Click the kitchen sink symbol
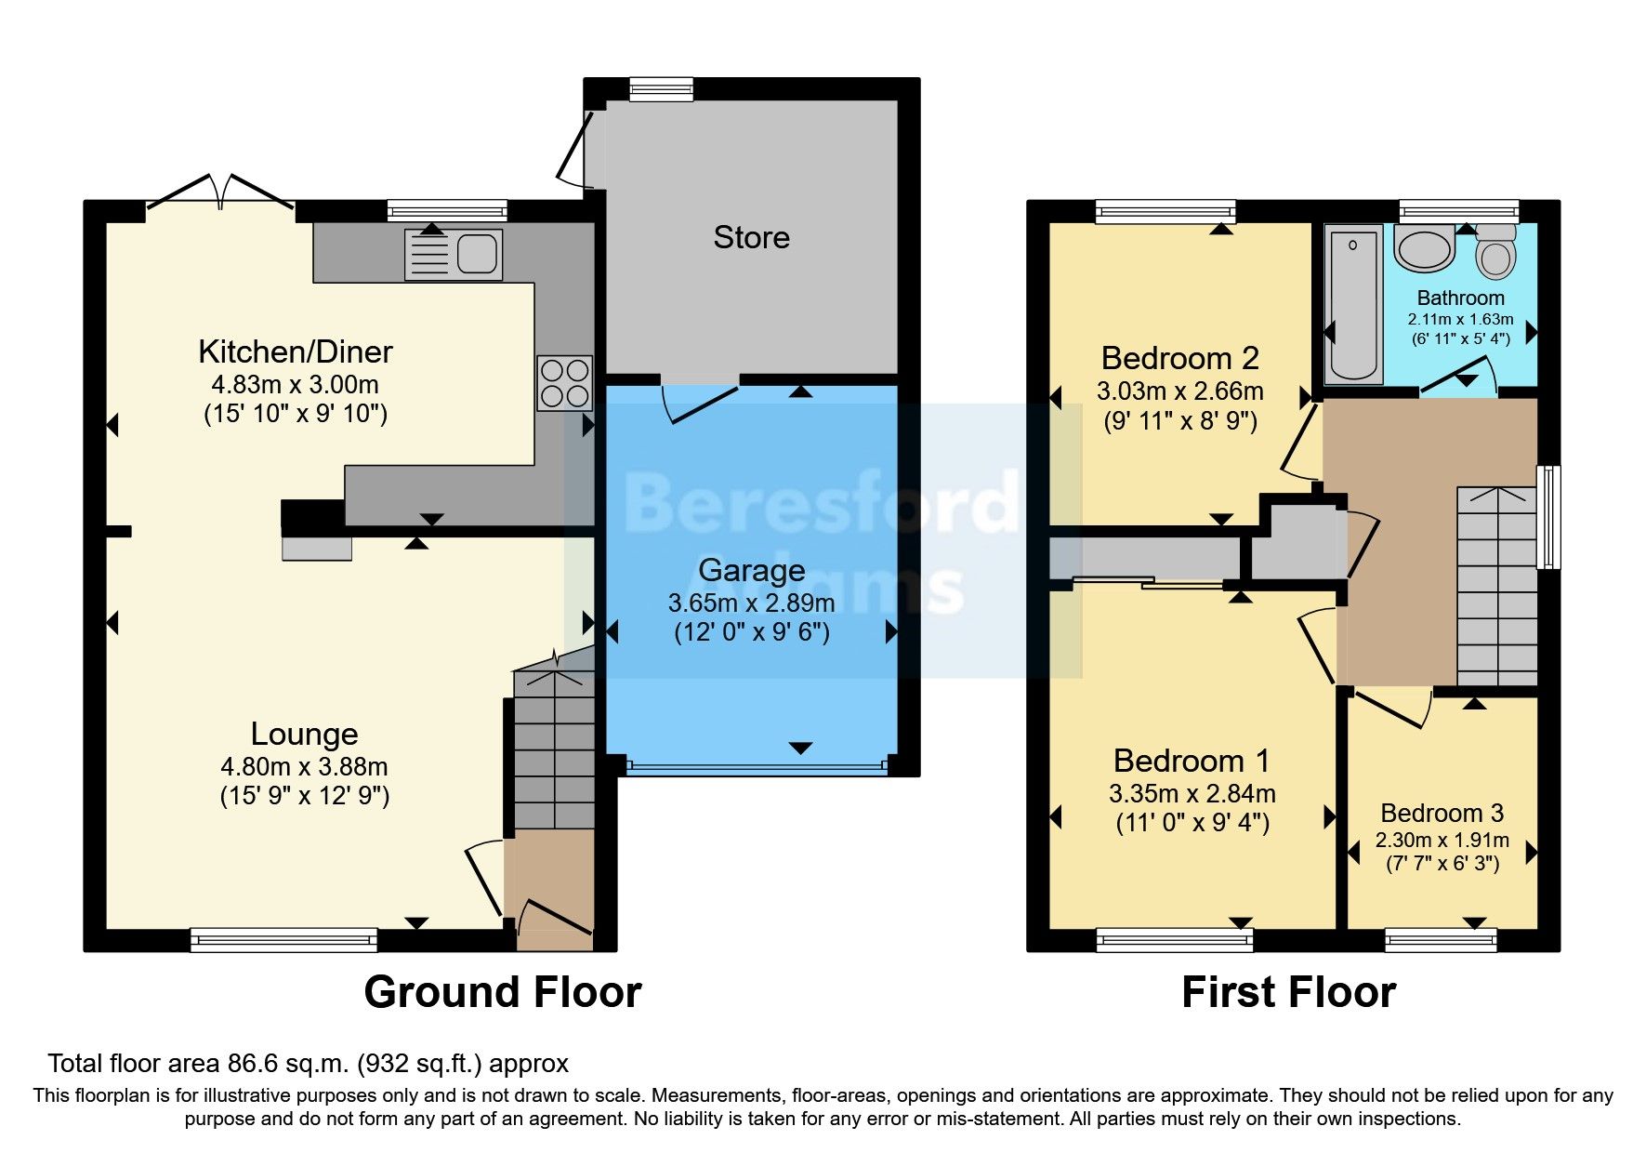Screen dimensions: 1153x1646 (454, 254)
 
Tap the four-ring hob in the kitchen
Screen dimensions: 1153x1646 (564, 383)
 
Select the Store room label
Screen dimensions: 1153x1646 (751, 238)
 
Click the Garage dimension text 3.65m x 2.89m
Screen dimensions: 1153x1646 (751, 603)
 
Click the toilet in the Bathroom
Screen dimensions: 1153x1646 (1495, 252)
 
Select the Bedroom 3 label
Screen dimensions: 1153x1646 (1442, 814)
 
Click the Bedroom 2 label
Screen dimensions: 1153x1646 (1179, 358)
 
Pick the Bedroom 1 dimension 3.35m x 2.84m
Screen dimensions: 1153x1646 (1192, 794)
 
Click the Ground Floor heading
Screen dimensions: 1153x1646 (502, 992)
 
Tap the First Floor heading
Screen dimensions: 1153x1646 (1288, 992)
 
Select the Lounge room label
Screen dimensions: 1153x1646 (304, 735)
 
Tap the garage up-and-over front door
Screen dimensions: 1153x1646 (757, 768)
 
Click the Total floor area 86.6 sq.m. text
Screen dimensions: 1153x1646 (308, 1064)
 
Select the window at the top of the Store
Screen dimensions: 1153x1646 (661, 89)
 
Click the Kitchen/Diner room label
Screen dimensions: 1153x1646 (296, 352)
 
